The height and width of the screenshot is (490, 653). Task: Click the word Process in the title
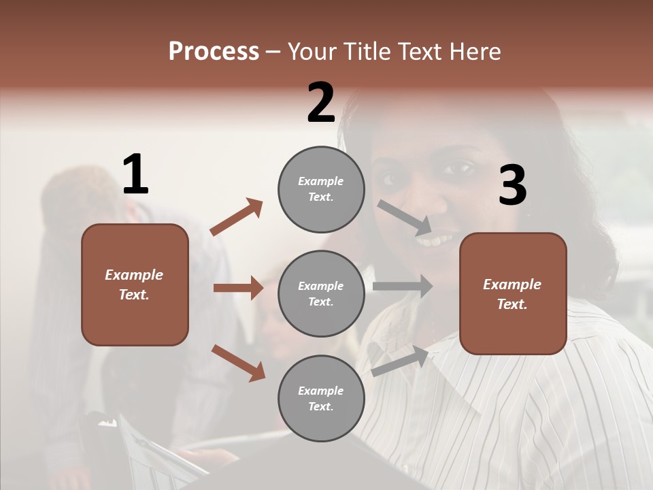tap(214, 52)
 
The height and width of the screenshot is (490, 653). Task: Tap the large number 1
tap(135, 175)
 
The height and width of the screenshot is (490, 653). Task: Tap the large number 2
tap(321, 103)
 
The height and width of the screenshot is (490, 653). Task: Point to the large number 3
tap(512, 186)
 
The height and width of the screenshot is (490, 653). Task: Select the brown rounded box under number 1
tap(135, 284)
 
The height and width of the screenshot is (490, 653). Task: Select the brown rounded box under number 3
tap(513, 293)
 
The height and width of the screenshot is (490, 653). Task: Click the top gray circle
tap(321, 189)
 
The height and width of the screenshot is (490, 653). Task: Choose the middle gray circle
tap(321, 293)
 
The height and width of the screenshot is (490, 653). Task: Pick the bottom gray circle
tap(321, 398)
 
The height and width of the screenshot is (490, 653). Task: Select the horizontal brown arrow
tap(238, 288)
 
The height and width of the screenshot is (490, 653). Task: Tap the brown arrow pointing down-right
tap(238, 363)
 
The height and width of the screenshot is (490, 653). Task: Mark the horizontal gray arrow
tap(402, 287)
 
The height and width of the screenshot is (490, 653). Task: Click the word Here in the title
tap(475, 52)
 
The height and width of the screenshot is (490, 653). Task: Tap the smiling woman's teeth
tap(435, 240)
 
